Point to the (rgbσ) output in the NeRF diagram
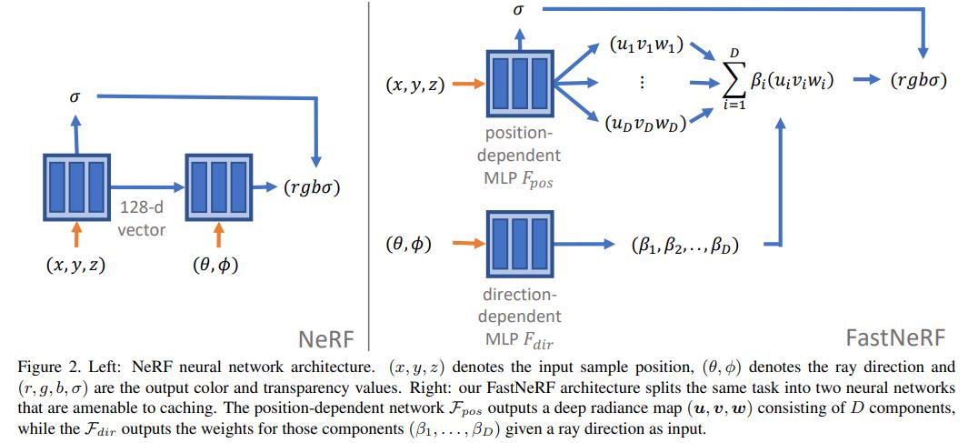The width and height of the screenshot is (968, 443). pos(315,189)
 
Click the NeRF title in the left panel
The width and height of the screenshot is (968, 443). pos(327,339)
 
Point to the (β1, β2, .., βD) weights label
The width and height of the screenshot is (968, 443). pos(683,245)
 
